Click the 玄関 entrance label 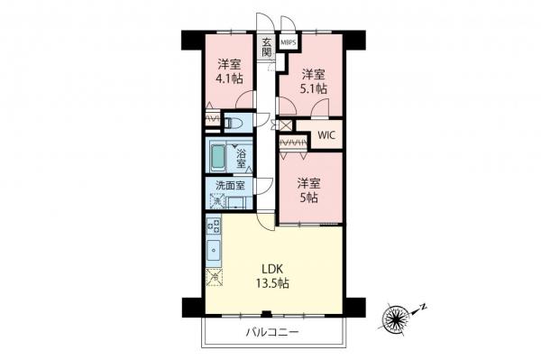click(267, 46)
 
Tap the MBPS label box click(289, 42)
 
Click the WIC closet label click(326, 135)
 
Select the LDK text click(273, 268)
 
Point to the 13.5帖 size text click(273, 283)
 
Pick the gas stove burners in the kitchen click(214, 225)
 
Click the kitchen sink click(214, 250)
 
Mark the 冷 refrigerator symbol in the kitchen click(214, 278)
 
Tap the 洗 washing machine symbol click(216, 199)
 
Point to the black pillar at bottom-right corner click(354, 306)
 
